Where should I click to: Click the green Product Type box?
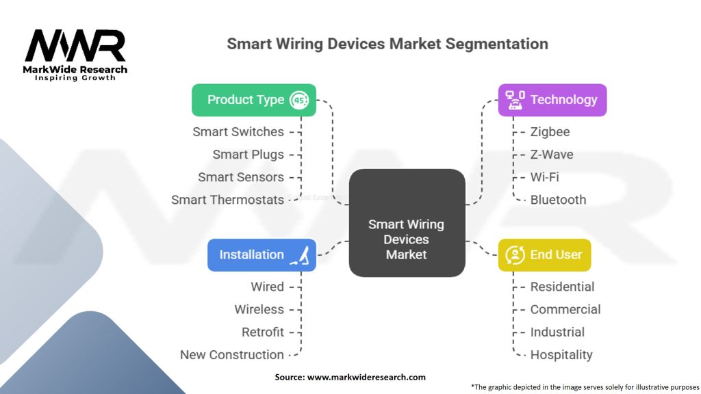pyautogui.click(x=254, y=100)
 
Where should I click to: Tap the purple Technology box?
pyautogui.click(x=552, y=100)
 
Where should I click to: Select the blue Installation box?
pyautogui.click(x=262, y=255)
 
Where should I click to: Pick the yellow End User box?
pyautogui.click(x=544, y=255)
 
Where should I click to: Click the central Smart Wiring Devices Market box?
pyautogui.click(x=407, y=223)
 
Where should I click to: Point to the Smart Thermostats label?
pyautogui.click(x=227, y=200)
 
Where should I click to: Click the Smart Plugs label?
pyautogui.click(x=248, y=155)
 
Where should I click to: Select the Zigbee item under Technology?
pyautogui.click(x=550, y=132)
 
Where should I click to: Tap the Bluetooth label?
pyautogui.click(x=558, y=200)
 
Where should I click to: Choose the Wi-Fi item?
pyautogui.click(x=544, y=177)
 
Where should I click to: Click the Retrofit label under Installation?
pyautogui.click(x=263, y=332)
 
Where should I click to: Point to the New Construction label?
pyautogui.click(x=232, y=355)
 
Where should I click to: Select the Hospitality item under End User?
pyautogui.click(x=561, y=355)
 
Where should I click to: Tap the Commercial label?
pyautogui.click(x=565, y=309)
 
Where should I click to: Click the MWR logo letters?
pyautogui.click(x=75, y=46)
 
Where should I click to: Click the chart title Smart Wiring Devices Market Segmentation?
pyautogui.click(x=387, y=44)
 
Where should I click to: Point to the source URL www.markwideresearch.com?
pyautogui.click(x=366, y=377)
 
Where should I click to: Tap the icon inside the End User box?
pyautogui.click(x=515, y=255)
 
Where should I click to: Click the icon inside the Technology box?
pyautogui.click(x=515, y=100)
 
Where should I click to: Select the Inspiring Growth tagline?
pyautogui.click(x=75, y=78)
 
